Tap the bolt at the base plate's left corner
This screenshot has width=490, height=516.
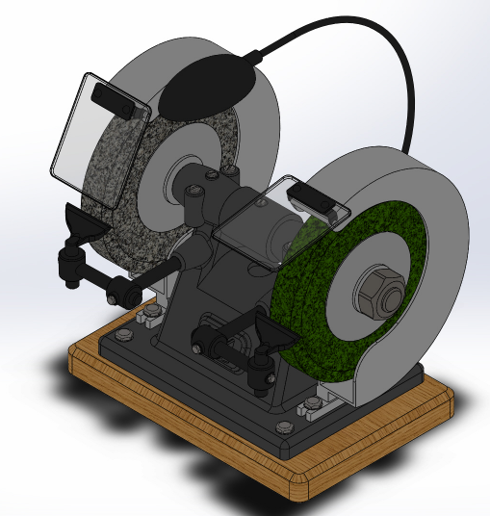[x=126, y=334]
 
